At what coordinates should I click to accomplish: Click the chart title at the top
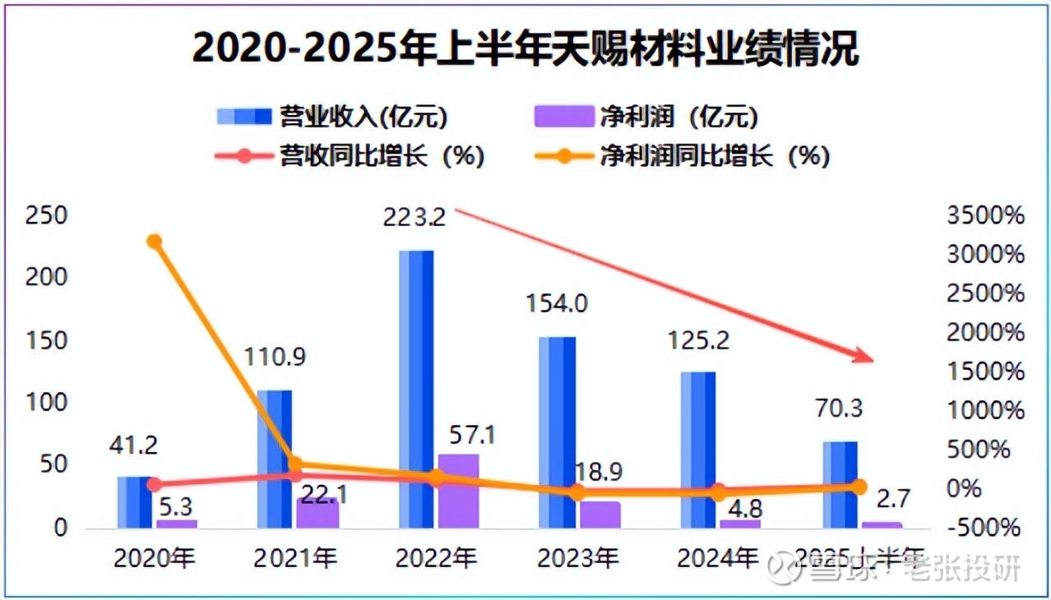525,49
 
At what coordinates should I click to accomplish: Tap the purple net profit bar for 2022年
458,490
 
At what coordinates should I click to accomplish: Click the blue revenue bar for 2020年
134,501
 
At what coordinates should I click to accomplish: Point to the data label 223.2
414,218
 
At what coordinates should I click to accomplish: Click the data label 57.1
472,434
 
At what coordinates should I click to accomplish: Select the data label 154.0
556,305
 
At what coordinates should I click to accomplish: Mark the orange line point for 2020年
154,242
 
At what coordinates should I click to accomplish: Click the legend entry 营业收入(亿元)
332,117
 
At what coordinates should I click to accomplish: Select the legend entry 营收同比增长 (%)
350,155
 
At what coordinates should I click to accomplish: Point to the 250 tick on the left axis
46,216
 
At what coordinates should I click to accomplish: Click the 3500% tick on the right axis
987,216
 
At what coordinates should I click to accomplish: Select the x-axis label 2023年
577,559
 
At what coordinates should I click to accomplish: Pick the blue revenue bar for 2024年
697,449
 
